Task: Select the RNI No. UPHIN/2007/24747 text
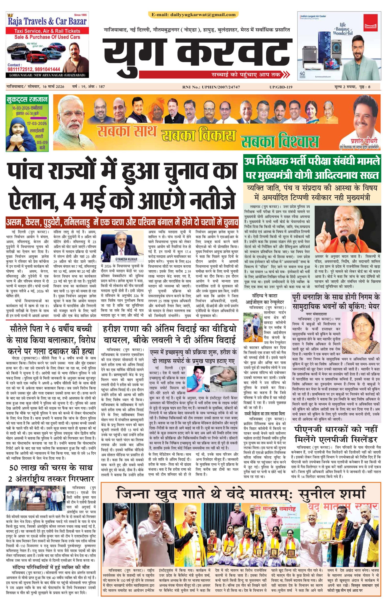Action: [x=211, y=87]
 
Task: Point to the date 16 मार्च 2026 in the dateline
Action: [x=52, y=87]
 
